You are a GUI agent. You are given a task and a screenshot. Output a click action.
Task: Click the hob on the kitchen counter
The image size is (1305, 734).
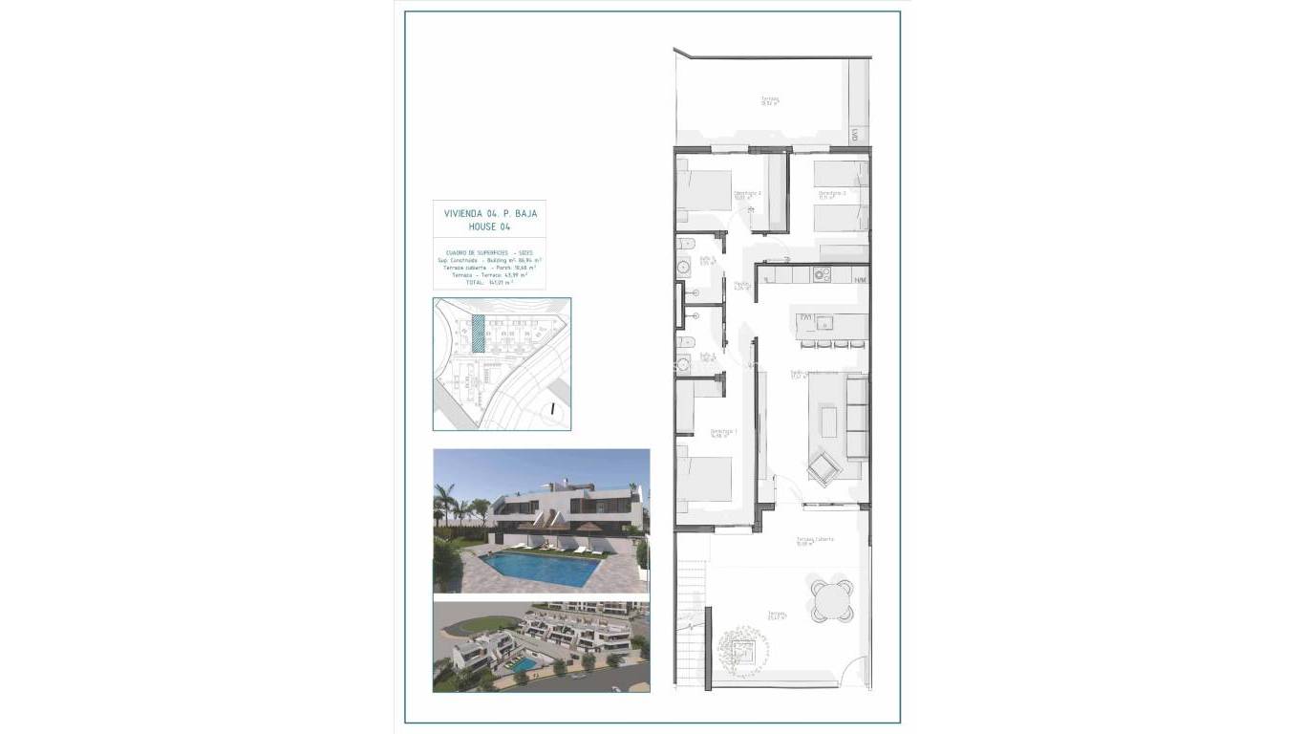821,275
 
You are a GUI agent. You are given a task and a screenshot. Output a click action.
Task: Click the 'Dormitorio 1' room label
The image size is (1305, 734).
723,433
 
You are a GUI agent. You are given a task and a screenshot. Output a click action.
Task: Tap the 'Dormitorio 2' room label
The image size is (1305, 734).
747,195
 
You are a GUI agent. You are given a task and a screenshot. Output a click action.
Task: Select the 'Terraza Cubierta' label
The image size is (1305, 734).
815,540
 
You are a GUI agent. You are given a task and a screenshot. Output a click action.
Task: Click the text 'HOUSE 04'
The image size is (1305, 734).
489,228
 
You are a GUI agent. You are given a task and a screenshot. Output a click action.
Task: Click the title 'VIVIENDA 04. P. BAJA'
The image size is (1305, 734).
490,214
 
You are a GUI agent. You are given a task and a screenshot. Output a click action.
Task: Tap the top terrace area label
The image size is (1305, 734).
770,100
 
